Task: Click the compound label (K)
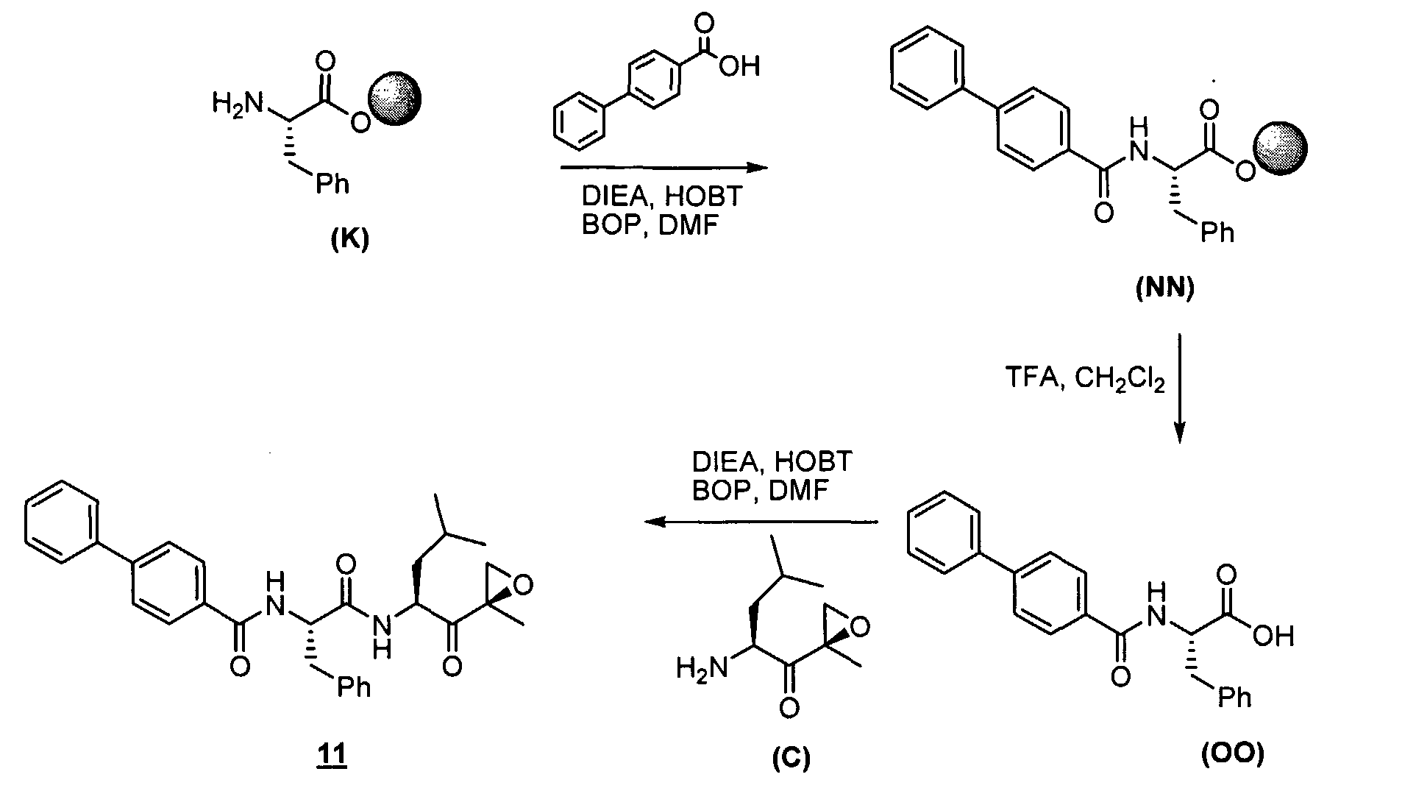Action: (x=349, y=241)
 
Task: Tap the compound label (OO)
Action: (x=1234, y=754)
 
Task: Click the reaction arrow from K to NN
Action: (x=663, y=168)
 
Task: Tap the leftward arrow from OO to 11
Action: (x=761, y=522)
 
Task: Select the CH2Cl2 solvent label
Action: (x=1119, y=381)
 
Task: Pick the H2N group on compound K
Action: (x=237, y=104)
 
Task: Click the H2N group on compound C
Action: (x=701, y=670)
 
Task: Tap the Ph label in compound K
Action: (x=332, y=182)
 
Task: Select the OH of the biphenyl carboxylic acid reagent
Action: (x=739, y=67)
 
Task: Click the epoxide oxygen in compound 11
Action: (x=522, y=586)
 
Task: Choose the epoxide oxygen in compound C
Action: (x=860, y=627)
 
